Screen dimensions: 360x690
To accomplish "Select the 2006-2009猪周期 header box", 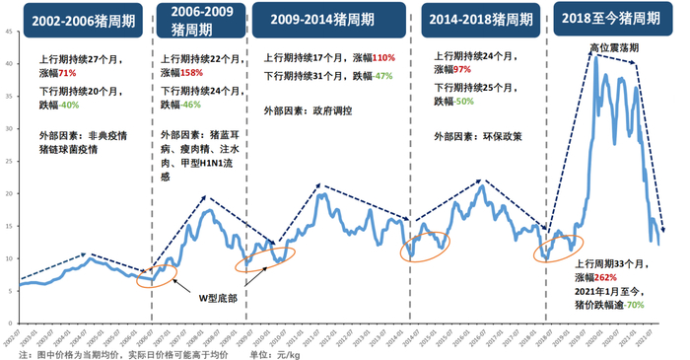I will coord(201,19).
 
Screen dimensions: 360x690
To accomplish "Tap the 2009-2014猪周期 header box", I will coord(329,19).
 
